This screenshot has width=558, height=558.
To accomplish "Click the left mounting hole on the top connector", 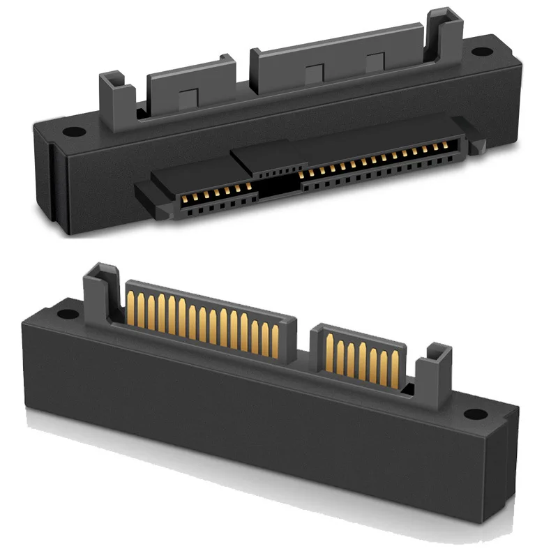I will [x=71, y=130].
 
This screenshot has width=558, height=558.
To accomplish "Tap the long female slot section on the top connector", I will [x=377, y=164].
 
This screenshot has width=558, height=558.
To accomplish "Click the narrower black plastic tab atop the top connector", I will [x=185, y=94].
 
